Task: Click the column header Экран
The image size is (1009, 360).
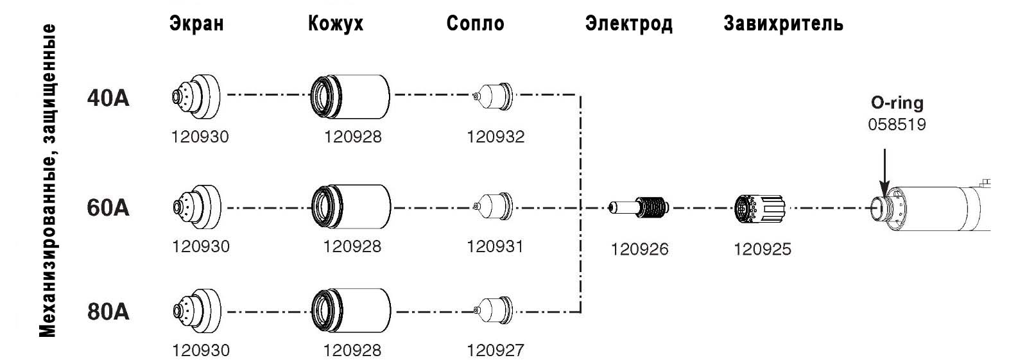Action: tap(197, 24)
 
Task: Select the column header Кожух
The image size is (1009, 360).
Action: tap(336, 24)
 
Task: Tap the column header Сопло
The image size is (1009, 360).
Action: tap(475, 24)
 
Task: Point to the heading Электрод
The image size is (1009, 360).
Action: tap(628, 24)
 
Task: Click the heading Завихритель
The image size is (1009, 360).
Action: tap(783, 24)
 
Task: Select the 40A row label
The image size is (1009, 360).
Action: tap(108, 99)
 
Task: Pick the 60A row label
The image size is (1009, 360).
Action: tap(108, 208)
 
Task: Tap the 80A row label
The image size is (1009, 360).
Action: tap(108, 312)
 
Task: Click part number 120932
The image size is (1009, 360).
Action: tap(495, 137)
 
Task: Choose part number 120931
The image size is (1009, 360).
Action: tap(495, 246)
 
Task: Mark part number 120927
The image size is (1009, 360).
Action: tap(495, 350)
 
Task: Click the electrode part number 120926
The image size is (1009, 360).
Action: tap(639, 249)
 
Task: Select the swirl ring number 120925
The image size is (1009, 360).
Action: tap(762, 249)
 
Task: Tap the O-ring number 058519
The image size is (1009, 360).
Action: tap(897, 124)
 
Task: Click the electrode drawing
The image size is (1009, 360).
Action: tap(639, 207)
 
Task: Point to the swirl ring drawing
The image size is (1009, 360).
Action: tap(759, 207)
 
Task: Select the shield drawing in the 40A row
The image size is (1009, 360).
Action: tap(196, 96)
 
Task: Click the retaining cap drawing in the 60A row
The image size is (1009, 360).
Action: tap(350, 207)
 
